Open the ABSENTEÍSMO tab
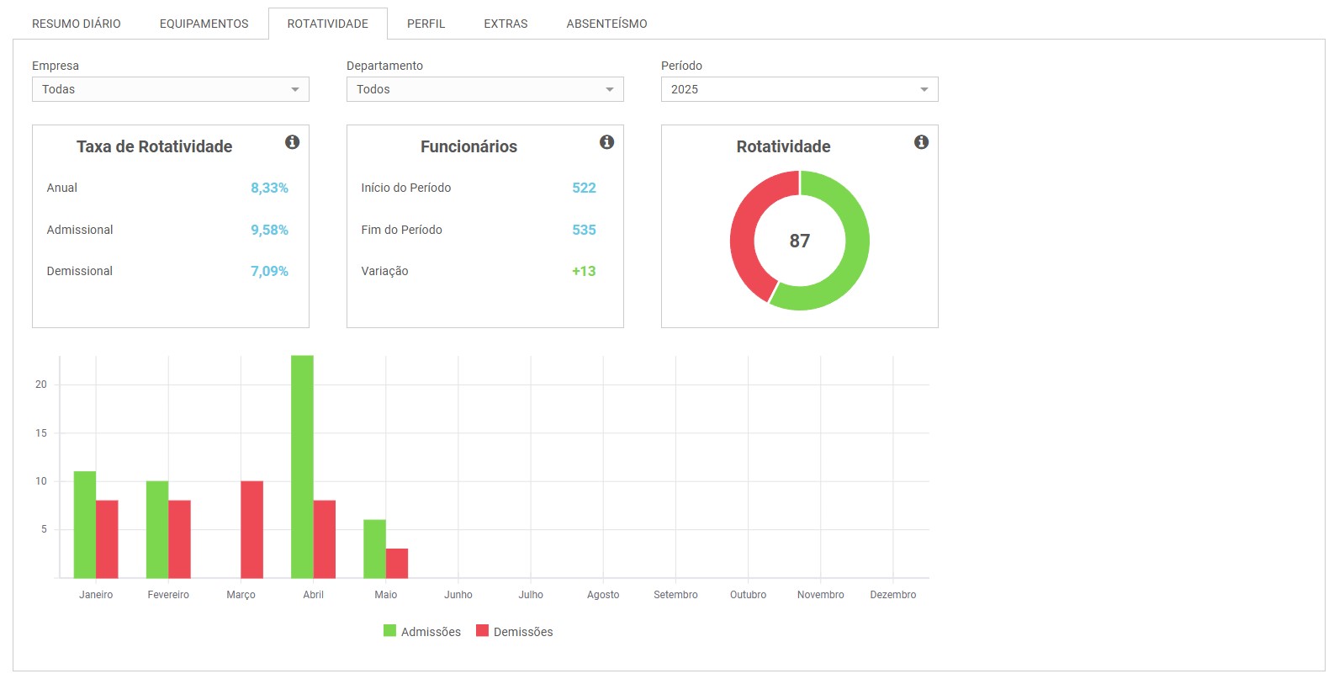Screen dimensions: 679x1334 coord(606,24)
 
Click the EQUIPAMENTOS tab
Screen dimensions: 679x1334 coord(204,24)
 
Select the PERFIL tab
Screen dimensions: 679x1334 coord(426,24)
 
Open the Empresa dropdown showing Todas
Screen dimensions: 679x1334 coord(170,89)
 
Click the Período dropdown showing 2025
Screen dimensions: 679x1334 coord(799,89)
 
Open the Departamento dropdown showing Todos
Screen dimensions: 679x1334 coord(484,89)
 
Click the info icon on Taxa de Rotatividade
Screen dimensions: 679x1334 coord(292,142)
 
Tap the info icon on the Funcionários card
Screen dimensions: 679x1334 coord(606,142)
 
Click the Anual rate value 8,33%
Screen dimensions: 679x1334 coord(269,188)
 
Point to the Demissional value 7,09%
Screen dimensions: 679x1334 coord(269,271)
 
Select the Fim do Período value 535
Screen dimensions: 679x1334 coord(584,230)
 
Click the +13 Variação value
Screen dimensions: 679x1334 coord(584,271)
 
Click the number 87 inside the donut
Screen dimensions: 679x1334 coord(799,241)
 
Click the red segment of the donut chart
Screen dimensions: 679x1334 coord(744,227)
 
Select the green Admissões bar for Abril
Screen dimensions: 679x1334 coord(302,466)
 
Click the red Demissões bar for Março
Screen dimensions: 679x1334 coord(251,529)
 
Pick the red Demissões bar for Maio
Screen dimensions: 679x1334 coord(397,563)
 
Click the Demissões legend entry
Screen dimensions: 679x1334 coord(514,631)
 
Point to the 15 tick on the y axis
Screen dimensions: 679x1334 coord(41,432)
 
